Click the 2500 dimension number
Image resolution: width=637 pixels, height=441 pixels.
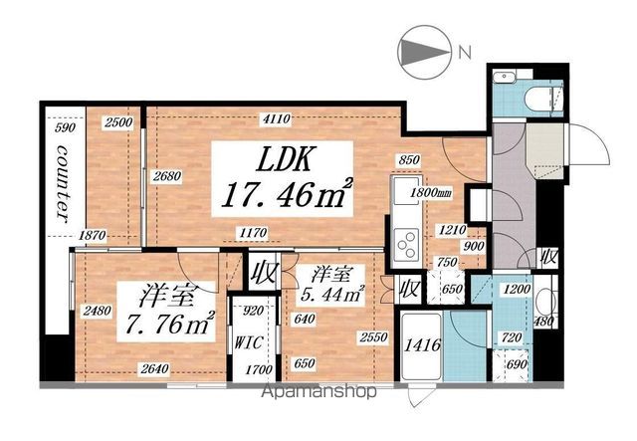117,122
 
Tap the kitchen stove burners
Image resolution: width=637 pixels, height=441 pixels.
407,240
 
